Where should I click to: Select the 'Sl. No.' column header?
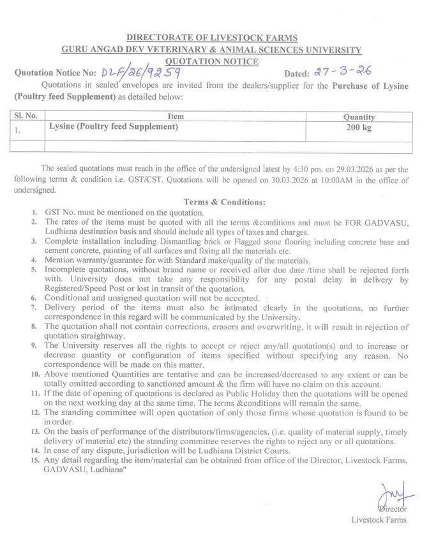coord(26,117)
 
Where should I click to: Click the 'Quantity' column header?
coord(359,117)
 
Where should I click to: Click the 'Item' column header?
coord(176,117)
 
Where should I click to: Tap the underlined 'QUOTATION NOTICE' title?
coord(212,61)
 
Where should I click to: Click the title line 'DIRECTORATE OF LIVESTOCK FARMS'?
coord(211,39)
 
